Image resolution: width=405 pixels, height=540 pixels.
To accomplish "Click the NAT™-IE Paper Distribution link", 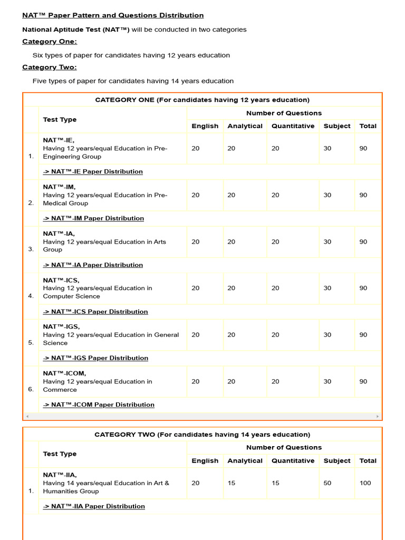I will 93,171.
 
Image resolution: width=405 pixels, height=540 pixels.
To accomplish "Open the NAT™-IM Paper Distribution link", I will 93,218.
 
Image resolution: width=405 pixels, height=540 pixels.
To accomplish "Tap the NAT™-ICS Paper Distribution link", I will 95,312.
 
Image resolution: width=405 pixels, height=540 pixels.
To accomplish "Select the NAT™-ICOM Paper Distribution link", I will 99,405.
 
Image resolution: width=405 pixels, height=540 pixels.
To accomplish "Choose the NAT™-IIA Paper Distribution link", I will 94,506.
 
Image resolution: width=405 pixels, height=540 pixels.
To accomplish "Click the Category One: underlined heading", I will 50,42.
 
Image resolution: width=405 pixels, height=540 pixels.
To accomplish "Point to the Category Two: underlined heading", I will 50,67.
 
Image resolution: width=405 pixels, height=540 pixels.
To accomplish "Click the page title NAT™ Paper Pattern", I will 113,15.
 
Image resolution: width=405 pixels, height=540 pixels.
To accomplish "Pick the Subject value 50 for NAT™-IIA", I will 327,483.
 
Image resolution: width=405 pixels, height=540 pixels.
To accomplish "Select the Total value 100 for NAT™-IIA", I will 365,483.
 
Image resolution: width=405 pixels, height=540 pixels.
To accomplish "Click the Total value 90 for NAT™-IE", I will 363,149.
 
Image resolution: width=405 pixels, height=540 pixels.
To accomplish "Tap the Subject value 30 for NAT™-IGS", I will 327,335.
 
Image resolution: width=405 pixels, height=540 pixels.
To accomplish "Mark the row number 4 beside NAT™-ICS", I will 31,296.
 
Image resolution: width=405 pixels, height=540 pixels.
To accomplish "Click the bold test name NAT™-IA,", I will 59,234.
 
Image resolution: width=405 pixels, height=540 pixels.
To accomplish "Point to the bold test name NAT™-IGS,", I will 61,327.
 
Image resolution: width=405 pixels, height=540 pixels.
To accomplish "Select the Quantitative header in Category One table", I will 293,126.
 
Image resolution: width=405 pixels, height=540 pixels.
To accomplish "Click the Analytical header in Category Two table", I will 245,461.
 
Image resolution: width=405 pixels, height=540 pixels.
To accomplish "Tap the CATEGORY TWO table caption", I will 202,435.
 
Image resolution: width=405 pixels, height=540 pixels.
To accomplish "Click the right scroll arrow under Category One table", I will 378,417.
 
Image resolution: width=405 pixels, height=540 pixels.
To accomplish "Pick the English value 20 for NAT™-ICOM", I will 196,382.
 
